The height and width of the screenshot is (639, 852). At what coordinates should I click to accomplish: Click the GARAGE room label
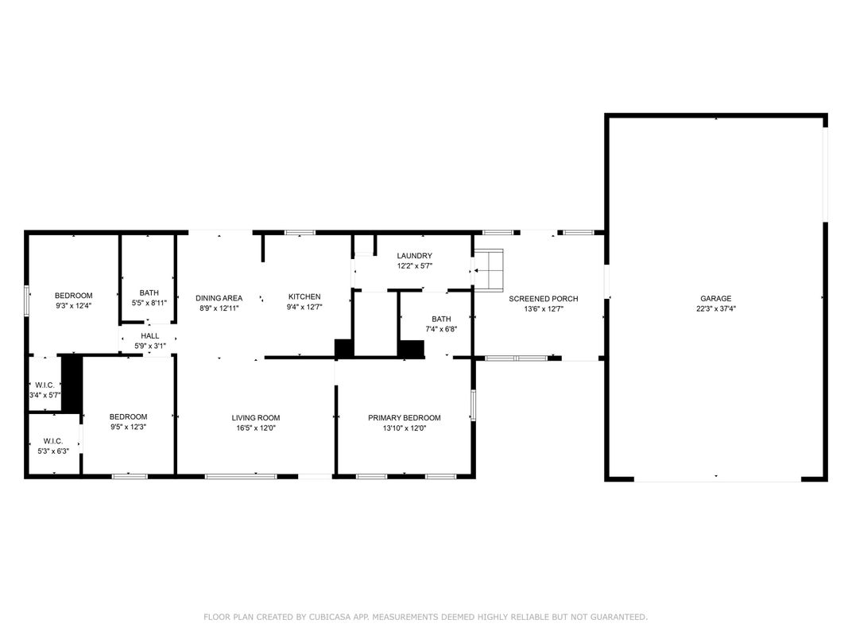pos(715,298)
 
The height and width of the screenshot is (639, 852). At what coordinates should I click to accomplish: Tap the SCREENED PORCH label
pos(544,298)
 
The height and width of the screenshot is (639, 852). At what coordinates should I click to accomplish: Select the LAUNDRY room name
pos(415,255)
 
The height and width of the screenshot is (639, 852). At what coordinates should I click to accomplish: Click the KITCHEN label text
pos(304,296)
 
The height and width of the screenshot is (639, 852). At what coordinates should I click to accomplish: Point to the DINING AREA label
pos(219,298)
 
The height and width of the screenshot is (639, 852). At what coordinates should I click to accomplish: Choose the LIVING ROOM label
pos(256,418)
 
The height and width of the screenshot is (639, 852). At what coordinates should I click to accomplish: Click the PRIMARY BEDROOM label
pos(405,418)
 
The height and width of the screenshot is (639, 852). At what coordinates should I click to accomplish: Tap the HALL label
pos(150,336)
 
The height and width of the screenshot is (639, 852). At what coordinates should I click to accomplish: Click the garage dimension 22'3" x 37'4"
pos(716,308)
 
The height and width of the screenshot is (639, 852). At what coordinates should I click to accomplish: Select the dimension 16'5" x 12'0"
pos(256,428)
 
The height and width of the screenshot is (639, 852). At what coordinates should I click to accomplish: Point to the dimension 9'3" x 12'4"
pos(73,305)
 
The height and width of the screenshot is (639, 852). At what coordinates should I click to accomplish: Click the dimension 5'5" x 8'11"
pos(149,303)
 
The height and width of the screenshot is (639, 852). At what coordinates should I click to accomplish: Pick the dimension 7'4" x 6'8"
pos(441,329)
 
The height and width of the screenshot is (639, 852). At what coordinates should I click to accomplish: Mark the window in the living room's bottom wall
pos(241,477)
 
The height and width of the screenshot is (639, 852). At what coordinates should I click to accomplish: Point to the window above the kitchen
pos(300,233)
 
